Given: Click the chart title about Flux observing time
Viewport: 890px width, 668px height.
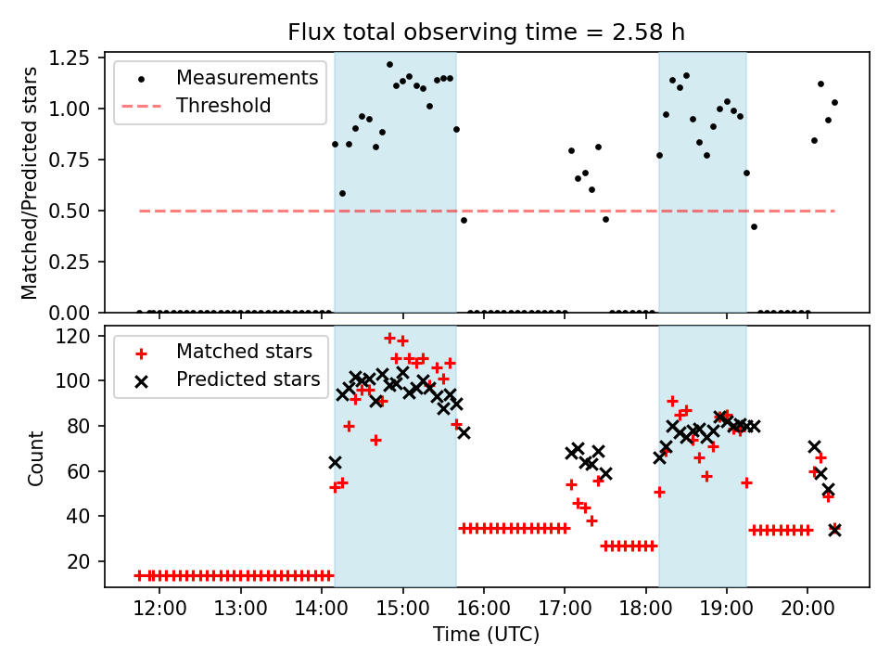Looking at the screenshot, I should point(486,32).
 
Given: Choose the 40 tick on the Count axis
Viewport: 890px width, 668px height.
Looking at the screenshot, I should point(83,517).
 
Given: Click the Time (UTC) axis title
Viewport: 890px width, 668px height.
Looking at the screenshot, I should point(486,636).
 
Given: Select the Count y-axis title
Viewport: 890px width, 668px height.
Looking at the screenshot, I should point(36,457).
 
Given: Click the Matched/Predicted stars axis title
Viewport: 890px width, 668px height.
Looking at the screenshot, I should point(31,183).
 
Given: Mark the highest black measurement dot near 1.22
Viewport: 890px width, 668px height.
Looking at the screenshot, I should point(389,65).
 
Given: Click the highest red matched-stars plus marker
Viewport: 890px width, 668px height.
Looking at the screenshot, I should point(389,338).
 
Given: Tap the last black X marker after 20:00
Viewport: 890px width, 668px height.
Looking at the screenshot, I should point(834,530).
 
